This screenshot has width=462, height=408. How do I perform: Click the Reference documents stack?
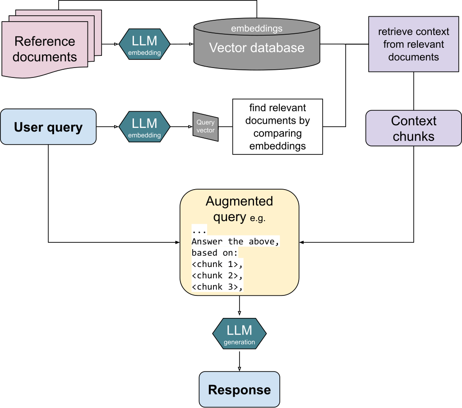[x=45, y=49]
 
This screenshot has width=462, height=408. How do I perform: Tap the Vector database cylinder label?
[x=256, y=48]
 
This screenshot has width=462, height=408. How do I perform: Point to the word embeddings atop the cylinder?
[x=256, y=29]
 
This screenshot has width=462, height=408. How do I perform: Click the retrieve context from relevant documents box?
[x=413, y=44]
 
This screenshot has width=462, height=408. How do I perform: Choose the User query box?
[x=48, y=127]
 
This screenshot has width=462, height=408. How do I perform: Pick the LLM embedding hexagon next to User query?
[x=144, y=127]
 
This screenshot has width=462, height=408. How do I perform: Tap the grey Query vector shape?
[x=206, y=127]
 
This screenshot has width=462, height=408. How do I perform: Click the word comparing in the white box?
[x=277, y=133]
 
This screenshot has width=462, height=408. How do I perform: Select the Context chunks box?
[x=413, y=128]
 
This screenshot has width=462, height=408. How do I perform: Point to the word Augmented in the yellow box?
[x=239, y=201]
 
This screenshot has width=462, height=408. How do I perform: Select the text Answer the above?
[x=236, y=241]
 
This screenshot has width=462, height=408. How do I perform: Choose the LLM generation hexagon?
[x=239, y=333]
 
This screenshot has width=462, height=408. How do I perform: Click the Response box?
[x=239, y=390]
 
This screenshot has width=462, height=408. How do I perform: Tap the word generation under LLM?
[x=239, y=342]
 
